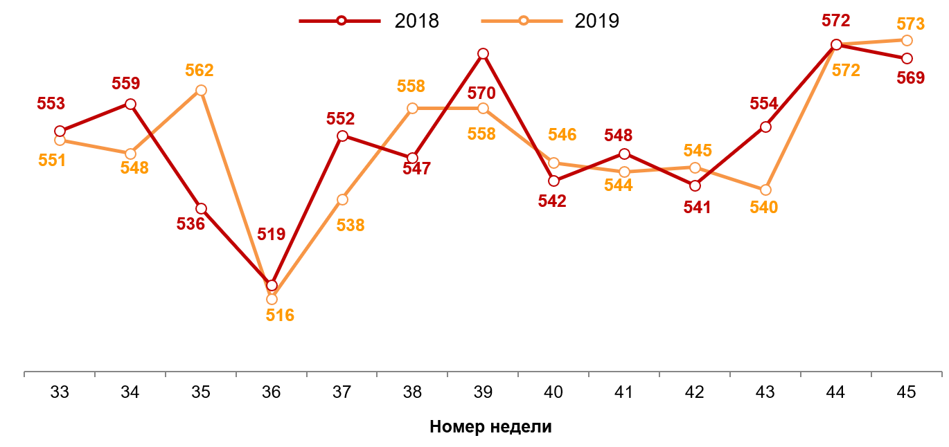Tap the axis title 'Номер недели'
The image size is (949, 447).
pyautogui.click(x=490, y=426)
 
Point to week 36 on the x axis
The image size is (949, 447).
pyautogui.click(x=272, y=392)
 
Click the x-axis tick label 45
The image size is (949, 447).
pyautogui.click(x=906, y=392)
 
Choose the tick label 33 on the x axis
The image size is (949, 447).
pyautogui.click(x=60, y=392)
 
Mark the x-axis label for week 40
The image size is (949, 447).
pyautogui.click(x=553, y=392)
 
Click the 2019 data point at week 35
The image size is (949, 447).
pyautogui.click(x=201, y=91)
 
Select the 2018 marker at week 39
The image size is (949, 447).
pyautogui.click(x=484, y=54)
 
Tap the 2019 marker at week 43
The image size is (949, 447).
pyautogui.click(x=765, y=190)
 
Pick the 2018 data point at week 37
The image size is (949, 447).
pyautogui.click(x=342, y=136)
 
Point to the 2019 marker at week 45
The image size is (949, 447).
pyautogui.click(x=907, y=40)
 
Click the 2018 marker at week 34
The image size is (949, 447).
pyautogui.click(x=130, y=104)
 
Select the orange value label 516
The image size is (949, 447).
pyautogui.click(x=280, y=316)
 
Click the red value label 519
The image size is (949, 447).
pyautogui.click(x=272, y=234)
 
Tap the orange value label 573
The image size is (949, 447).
pyautogui.click(x=910, y=24)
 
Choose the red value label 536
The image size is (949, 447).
pyautogui.click(x=190, y=224)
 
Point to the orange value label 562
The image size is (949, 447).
pyautogui.click(x=199, y=71)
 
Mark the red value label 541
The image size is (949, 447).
pyautogui.click(x=697, y=207)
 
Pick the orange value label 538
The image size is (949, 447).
pyautogui.click(x=350, y=225)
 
